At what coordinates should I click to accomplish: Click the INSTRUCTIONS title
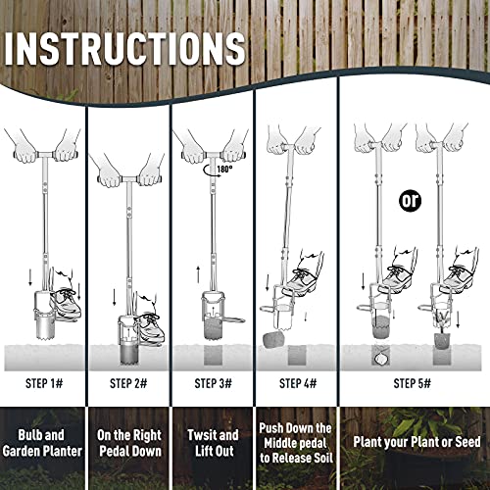click(x=124, y=49)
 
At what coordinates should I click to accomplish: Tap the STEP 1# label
click(x=44, y=383)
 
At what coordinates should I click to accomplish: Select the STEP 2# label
click(x=128, y=383)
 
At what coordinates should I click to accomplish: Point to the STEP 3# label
click(x=213, y=383)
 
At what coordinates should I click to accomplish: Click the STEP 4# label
click(x=298, y=383)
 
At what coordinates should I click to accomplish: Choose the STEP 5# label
click(x=412, y=383)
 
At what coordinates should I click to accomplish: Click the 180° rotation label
click(x=224, y=169)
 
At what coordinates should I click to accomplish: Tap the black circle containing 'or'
click(x=411, y=201)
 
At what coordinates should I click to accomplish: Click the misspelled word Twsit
click(x=199, y=435)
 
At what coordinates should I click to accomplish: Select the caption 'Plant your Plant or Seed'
click(x=416, y=442)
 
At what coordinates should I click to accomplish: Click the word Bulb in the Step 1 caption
click(x=28, y=435)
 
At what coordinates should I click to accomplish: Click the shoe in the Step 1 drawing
click(x=66, y=302)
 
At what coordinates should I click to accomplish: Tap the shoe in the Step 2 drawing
click(x=149, y=326)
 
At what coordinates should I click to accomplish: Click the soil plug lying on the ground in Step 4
click(x=273, y=339)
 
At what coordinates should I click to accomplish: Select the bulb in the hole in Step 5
click(x=380, y=359)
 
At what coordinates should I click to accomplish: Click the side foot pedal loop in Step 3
click(x=233, y=319)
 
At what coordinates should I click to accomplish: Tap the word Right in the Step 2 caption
click(x=147, y=436)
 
